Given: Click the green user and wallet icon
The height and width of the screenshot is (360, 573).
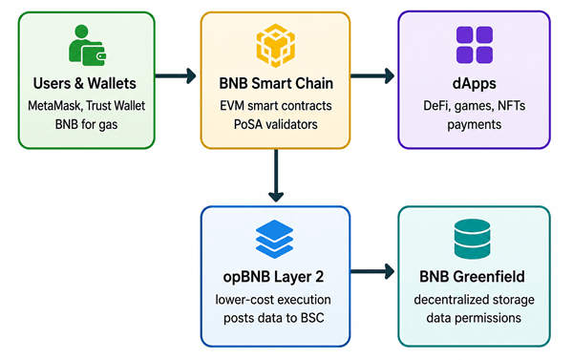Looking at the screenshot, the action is pos(87,45).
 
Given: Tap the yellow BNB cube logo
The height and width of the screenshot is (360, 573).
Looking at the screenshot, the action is pos(276,46).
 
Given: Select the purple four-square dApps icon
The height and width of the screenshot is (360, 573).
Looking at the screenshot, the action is pos(475,45).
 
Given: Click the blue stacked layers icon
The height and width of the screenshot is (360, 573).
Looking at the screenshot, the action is pos(274,239).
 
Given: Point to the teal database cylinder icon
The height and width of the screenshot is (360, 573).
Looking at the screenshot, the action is pos(472,239).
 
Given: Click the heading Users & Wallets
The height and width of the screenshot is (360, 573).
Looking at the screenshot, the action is pos(85,83).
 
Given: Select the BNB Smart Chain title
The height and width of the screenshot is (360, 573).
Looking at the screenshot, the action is pos(276,83).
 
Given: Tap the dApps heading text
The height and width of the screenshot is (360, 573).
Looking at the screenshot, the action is pos(475,84).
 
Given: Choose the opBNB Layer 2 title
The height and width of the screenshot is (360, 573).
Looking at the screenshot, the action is pos(273,277).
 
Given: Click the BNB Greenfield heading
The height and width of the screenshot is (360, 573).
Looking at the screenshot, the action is pos(472,277).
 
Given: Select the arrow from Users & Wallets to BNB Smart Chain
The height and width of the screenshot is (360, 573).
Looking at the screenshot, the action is pos(176,76).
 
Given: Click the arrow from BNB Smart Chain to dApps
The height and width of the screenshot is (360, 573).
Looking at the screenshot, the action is pos(372,76).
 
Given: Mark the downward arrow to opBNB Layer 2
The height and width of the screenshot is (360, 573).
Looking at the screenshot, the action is pos(276,176).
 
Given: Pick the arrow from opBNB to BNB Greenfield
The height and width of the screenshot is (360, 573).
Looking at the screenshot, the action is pos(372,271).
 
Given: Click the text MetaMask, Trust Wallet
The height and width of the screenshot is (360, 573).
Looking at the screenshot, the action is pos(87,106).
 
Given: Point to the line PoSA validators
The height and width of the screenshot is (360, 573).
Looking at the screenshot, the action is pos(276,125).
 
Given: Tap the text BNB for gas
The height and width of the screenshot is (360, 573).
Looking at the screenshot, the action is pos(87,125).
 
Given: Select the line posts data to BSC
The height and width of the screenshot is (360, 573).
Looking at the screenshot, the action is pos(274,318).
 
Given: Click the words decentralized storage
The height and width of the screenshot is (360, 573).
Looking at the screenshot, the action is pos(474,300).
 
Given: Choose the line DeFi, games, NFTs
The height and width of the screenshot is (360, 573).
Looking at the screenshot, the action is pos(475,106).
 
